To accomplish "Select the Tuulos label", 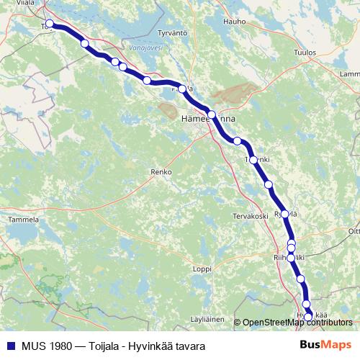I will click(305, 53).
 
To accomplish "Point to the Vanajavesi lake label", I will click(145, 48).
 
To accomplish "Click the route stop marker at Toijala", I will click(50, 23).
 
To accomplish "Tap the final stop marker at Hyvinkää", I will click(308, 317).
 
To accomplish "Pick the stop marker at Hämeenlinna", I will click(212, 114).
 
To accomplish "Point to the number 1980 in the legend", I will click(62, 346).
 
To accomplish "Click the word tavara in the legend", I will click(190, 346).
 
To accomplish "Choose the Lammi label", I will click(348, 74).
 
